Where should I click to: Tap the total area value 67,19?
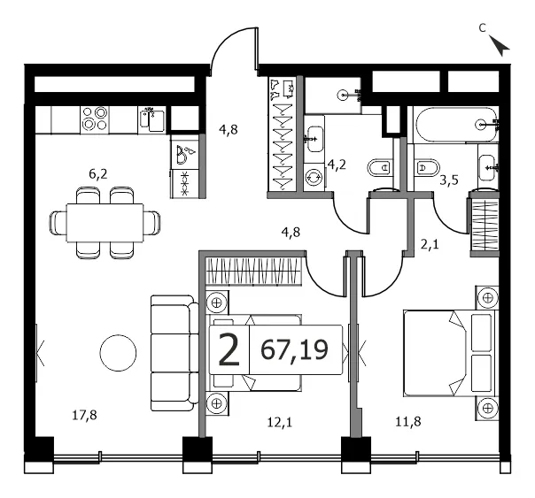[294, 349]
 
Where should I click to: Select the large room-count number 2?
[229, 349]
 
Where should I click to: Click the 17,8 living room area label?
[85, 416]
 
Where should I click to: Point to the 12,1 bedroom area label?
[280, 423]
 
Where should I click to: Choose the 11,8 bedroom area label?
[408, 423]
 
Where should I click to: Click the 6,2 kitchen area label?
[98, 174]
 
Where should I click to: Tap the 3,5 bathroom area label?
[449, 180]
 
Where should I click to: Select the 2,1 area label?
[430, 244]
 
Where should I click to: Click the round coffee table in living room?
[118, 353]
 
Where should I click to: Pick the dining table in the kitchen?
[105, 223]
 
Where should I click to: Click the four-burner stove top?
[95, 119]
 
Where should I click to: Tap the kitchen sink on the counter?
[152, 119]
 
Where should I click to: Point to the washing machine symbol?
[314, 177]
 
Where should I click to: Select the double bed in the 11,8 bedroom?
[451, 353]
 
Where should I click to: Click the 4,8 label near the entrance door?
[229, 130]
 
